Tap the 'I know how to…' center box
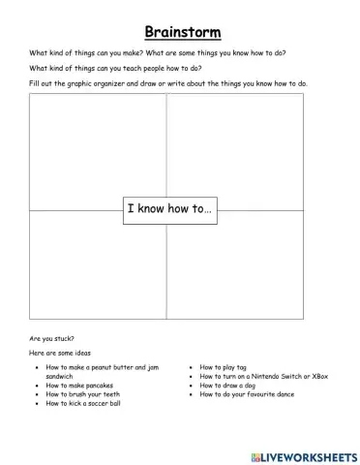pyautogui.click(x=168, y=209)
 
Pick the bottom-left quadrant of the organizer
pyautogui.click(x=97, y=271)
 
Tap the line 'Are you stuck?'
pyautogui.click(x=51, y=339)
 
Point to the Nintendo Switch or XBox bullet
pyautogui.click(x=263, y=377)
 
